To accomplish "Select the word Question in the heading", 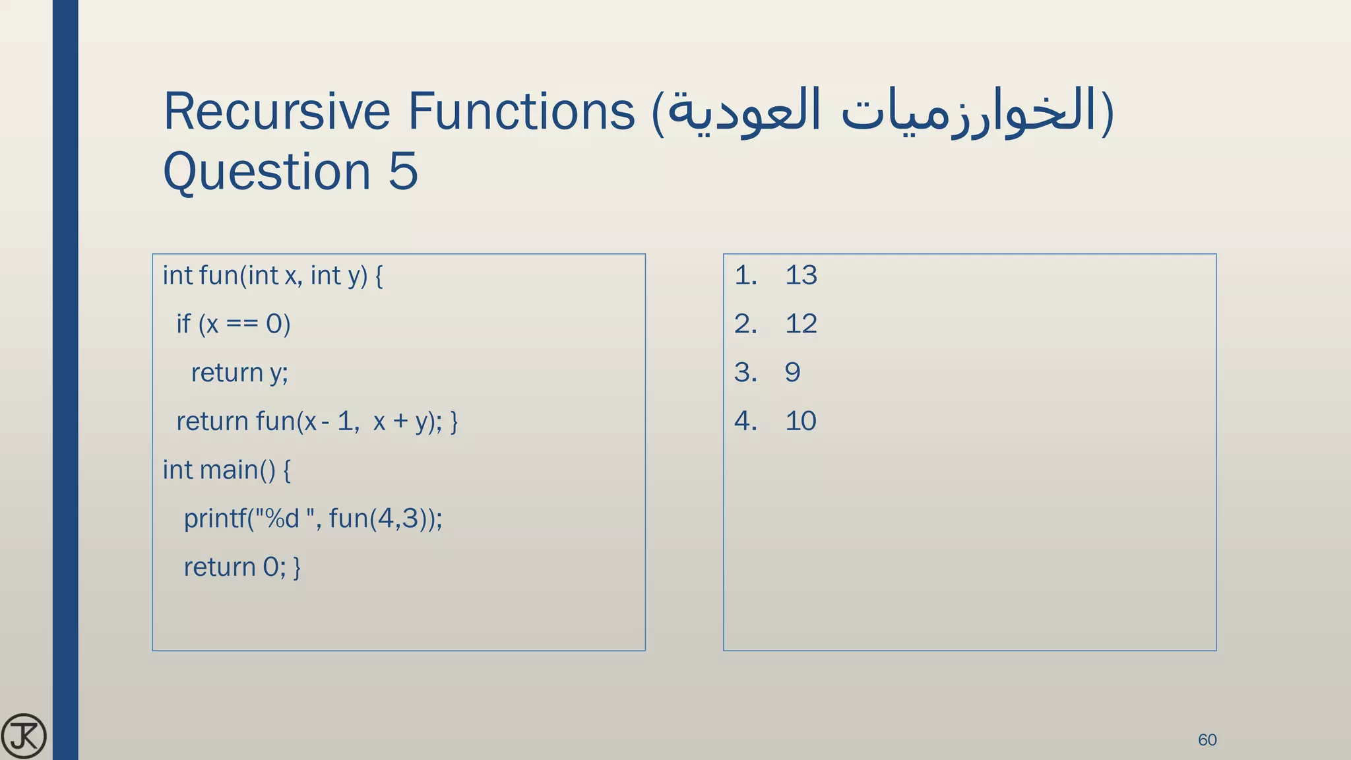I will point(267,171).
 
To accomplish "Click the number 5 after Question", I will point(403,171).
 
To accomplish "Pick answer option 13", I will point(801,275).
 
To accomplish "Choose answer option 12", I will point(801,324).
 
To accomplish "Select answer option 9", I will point(792,373).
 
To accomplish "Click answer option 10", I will point(801,421).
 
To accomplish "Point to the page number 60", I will point(1207,740).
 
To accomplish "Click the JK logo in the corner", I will point(24,736).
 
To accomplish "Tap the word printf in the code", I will point(214,519).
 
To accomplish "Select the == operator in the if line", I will point(241,324).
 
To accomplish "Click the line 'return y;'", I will point(239,373).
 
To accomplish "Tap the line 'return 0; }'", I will point(241,567).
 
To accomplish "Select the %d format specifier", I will point(282,519).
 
